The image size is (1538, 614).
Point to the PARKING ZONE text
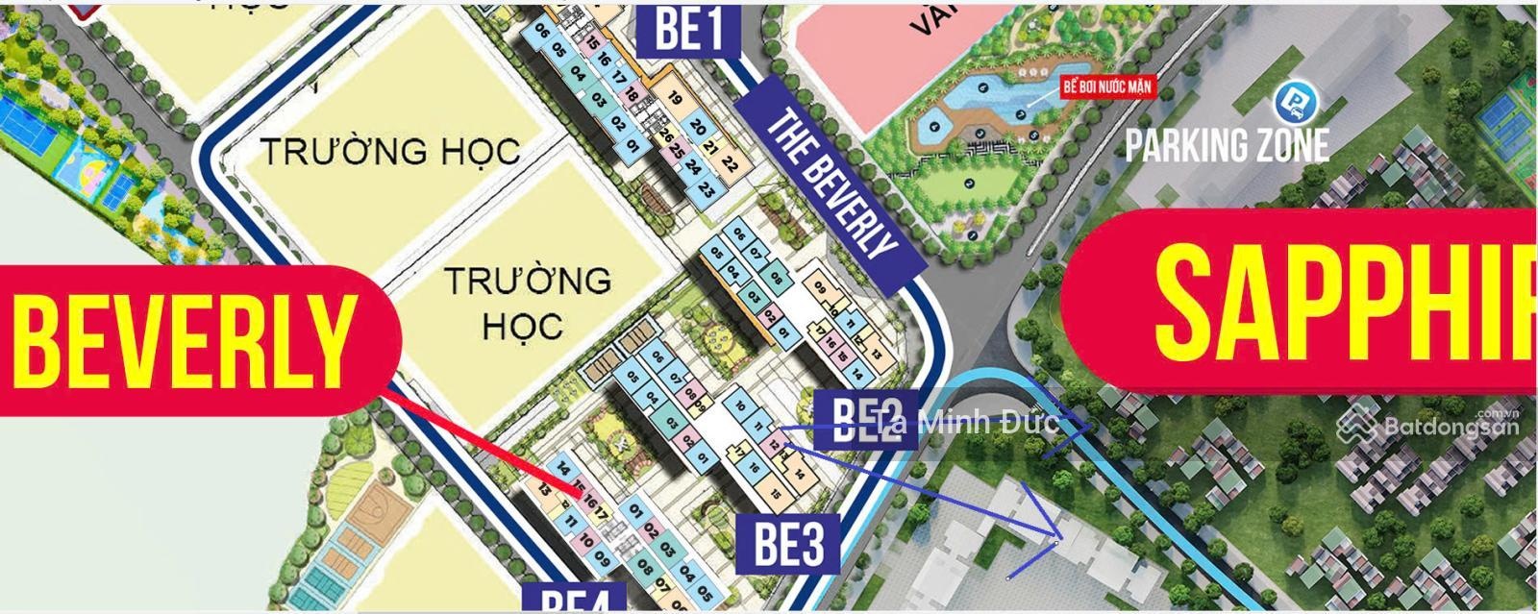[x=1228, y=145]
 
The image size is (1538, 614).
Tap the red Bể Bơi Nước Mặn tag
[x=1106, y=86]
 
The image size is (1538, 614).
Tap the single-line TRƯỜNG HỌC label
[x=390, y=151]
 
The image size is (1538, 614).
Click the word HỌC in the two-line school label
[x=523, y=326]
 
